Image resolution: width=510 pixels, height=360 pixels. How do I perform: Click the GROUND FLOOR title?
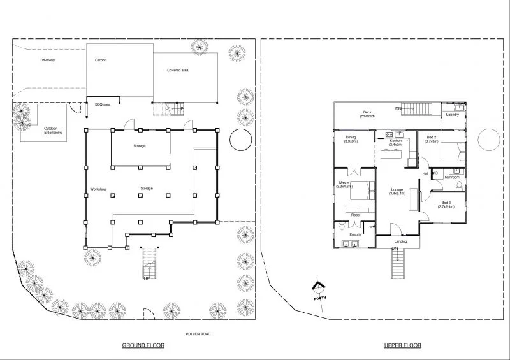click(x=143, y=345)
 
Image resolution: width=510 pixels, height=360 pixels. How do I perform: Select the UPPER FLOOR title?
click(x=402, y=345)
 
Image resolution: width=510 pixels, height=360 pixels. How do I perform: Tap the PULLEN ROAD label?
click(x=195, y=333)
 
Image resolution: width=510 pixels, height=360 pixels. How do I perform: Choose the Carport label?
click(x=101, y=60)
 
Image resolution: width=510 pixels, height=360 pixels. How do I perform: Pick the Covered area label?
click(x=177, y=70)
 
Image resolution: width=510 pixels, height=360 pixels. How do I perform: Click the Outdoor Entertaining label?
click(x=54, y=131)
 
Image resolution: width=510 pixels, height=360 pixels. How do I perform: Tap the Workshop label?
click(x=98, y=189)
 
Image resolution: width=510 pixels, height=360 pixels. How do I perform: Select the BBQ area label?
click(x=103, y=104)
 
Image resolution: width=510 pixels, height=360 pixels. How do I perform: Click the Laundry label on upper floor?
click(x=453, y=115)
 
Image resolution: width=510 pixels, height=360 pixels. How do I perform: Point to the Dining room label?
click(x=351, y=139)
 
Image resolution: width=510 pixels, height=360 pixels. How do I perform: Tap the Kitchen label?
click(x=395, y=142)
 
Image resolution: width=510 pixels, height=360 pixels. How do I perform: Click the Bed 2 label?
click(x=432, y=139)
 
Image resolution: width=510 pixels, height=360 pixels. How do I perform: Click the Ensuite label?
click(x=355, y=234)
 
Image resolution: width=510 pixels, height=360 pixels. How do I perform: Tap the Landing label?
click(x=400, y=241)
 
